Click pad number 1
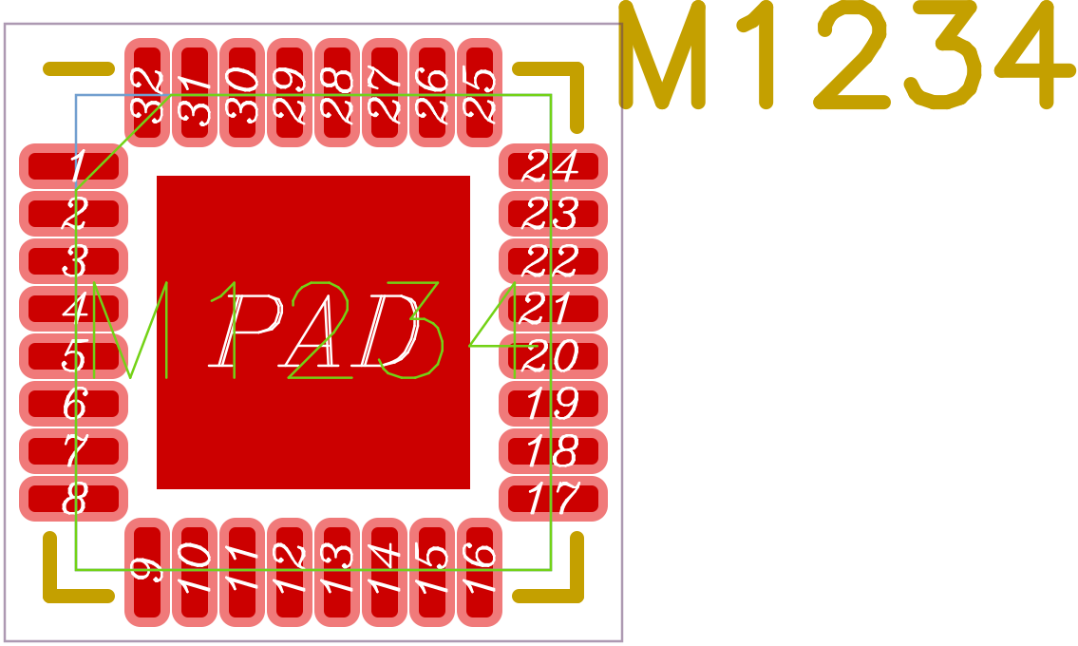coord(73,166)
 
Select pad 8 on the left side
coord(73,499)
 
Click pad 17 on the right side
coord(553,499)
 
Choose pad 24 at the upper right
coord(553,166)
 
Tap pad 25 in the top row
coord(480,92)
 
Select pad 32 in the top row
coord(147,92)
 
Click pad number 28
coord(337,92)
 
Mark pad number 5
coord(73,356)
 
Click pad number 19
coord(553,404)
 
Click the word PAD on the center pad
coord(313,332)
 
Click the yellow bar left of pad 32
coord(79,68)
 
